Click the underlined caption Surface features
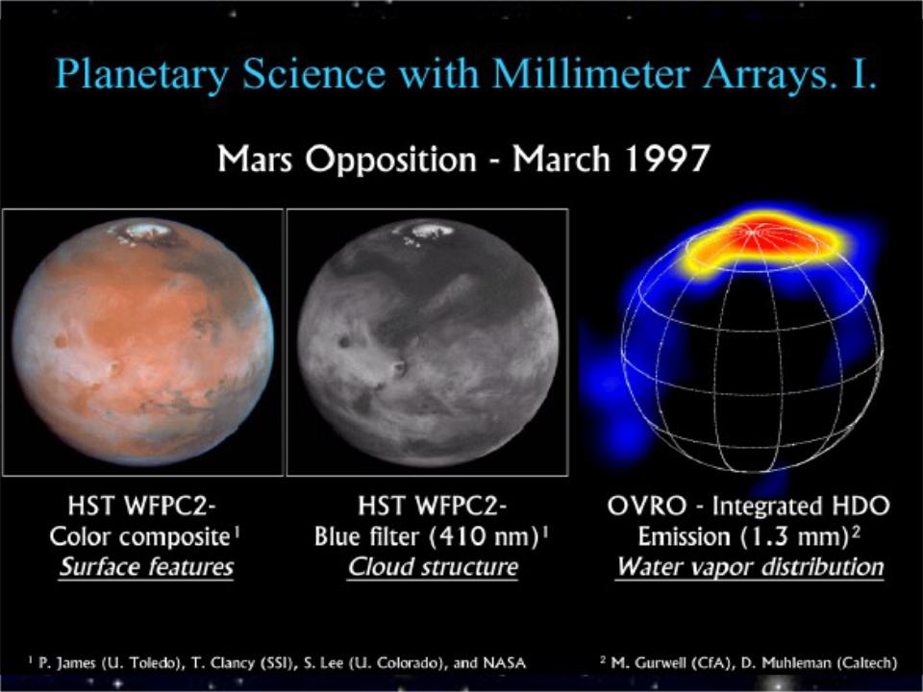click(x=146, y=567)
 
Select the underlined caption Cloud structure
click(x=433, y=567)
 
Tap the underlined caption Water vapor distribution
click(x=749, y=567)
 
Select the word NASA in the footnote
click(x=504, y=663)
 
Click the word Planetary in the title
click(x=142, y=75)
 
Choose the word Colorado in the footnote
click(x=407, y=663)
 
